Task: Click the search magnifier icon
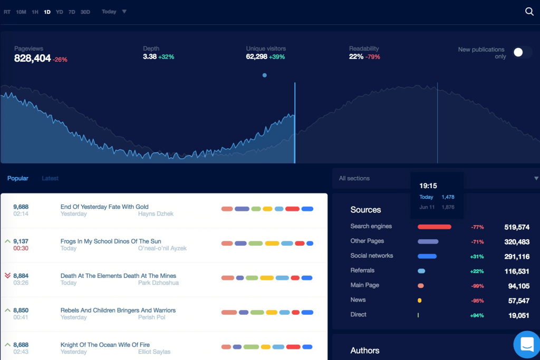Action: (x=529, y=12)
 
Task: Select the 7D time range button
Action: (x=72, y=12)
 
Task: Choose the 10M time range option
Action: (x=21, y=12)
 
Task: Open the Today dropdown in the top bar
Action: (x=114, y=12)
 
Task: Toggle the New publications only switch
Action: (x=522, y=52)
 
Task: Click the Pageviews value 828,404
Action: (x=33, y=59)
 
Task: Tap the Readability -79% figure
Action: (x=372, y=57)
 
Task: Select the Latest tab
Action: (x=50, y=178)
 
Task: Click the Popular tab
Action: (x=18, y=178)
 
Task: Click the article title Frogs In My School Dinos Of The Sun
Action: (x=111, y=241)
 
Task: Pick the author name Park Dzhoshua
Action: (x=158, y=283)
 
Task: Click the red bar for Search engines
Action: (x=434, y=227)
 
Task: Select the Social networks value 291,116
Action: (x=517, y=257)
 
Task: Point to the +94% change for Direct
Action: (x=477, y=315)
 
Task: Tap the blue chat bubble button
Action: (x=527, y=344)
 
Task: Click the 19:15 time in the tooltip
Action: (x=428, y=186)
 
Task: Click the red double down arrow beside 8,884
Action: (x=7, y=276)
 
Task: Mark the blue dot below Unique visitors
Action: (x=265, y=75)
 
